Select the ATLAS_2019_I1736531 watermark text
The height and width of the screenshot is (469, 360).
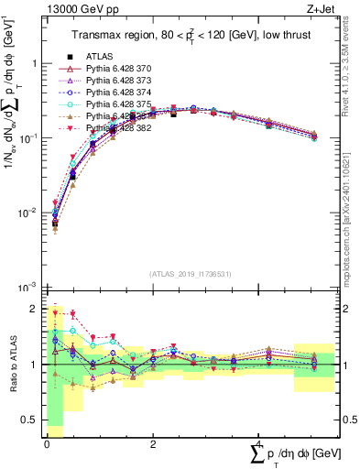coord(176,274)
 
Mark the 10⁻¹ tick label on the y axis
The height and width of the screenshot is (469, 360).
coord(27,138)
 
